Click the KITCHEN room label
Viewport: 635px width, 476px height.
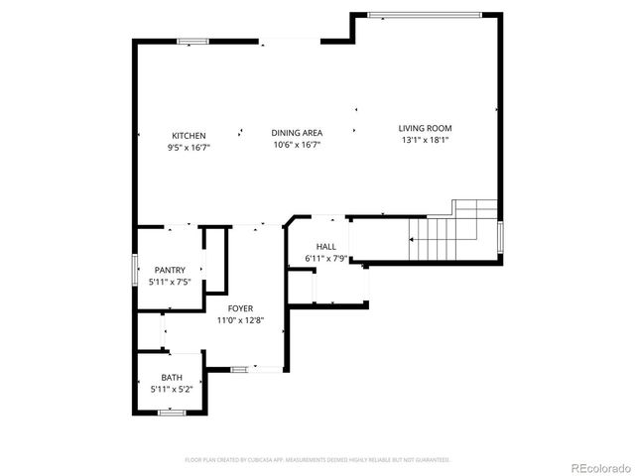click(x=189, y=135)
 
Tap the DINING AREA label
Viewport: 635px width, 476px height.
click(x=296, y=132)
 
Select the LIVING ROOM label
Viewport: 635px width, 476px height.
click(x=425, y=128)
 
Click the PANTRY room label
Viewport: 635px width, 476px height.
click(x=170, y=270)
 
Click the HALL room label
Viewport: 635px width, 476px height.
click(x=325, y=247)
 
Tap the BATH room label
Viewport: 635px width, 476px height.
click(x=172, y=378)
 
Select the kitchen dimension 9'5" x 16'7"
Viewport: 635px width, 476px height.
click(x=189, y=147)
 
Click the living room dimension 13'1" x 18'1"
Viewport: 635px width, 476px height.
click(x=425, y=140)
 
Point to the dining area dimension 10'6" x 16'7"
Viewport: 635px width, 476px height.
click(x=296, y=145)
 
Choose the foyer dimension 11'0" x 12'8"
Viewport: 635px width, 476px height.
click(x=239, y=320)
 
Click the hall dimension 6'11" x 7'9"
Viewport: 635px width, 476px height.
click(x=325, y=259)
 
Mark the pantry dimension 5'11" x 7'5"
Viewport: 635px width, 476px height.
click(x=170, y=282)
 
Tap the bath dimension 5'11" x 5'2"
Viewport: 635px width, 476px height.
click(x=172, y=390)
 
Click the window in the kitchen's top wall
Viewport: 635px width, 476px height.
click(x=192, y=41)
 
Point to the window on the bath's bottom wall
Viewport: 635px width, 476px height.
click(x=172, y=412)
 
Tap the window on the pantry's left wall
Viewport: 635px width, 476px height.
click(x=135, y=269)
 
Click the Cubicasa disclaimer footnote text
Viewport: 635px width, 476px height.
click(x=317, y=460)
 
